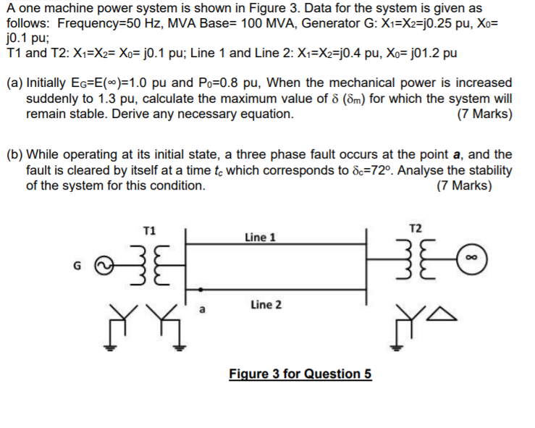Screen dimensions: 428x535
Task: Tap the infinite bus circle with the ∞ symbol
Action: click(471, 255)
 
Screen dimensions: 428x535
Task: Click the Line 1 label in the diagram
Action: click(260, 237)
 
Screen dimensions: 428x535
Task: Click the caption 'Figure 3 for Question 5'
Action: click(300, 374)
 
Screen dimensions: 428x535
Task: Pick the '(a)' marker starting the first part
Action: click(14, 83)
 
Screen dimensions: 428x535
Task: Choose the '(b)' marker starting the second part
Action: click(14, 155)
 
